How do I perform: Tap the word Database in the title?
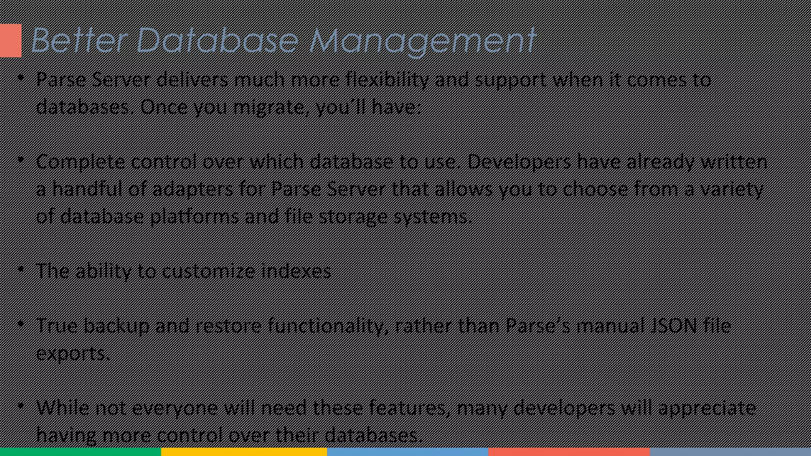click(217, 40)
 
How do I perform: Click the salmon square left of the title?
click(11, 40)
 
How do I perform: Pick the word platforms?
click(194, 217)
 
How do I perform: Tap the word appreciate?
click(707, 408)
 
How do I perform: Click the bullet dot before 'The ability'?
click(21, 270)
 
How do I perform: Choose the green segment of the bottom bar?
click(80, 452)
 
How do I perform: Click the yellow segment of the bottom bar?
click(244, 452)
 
